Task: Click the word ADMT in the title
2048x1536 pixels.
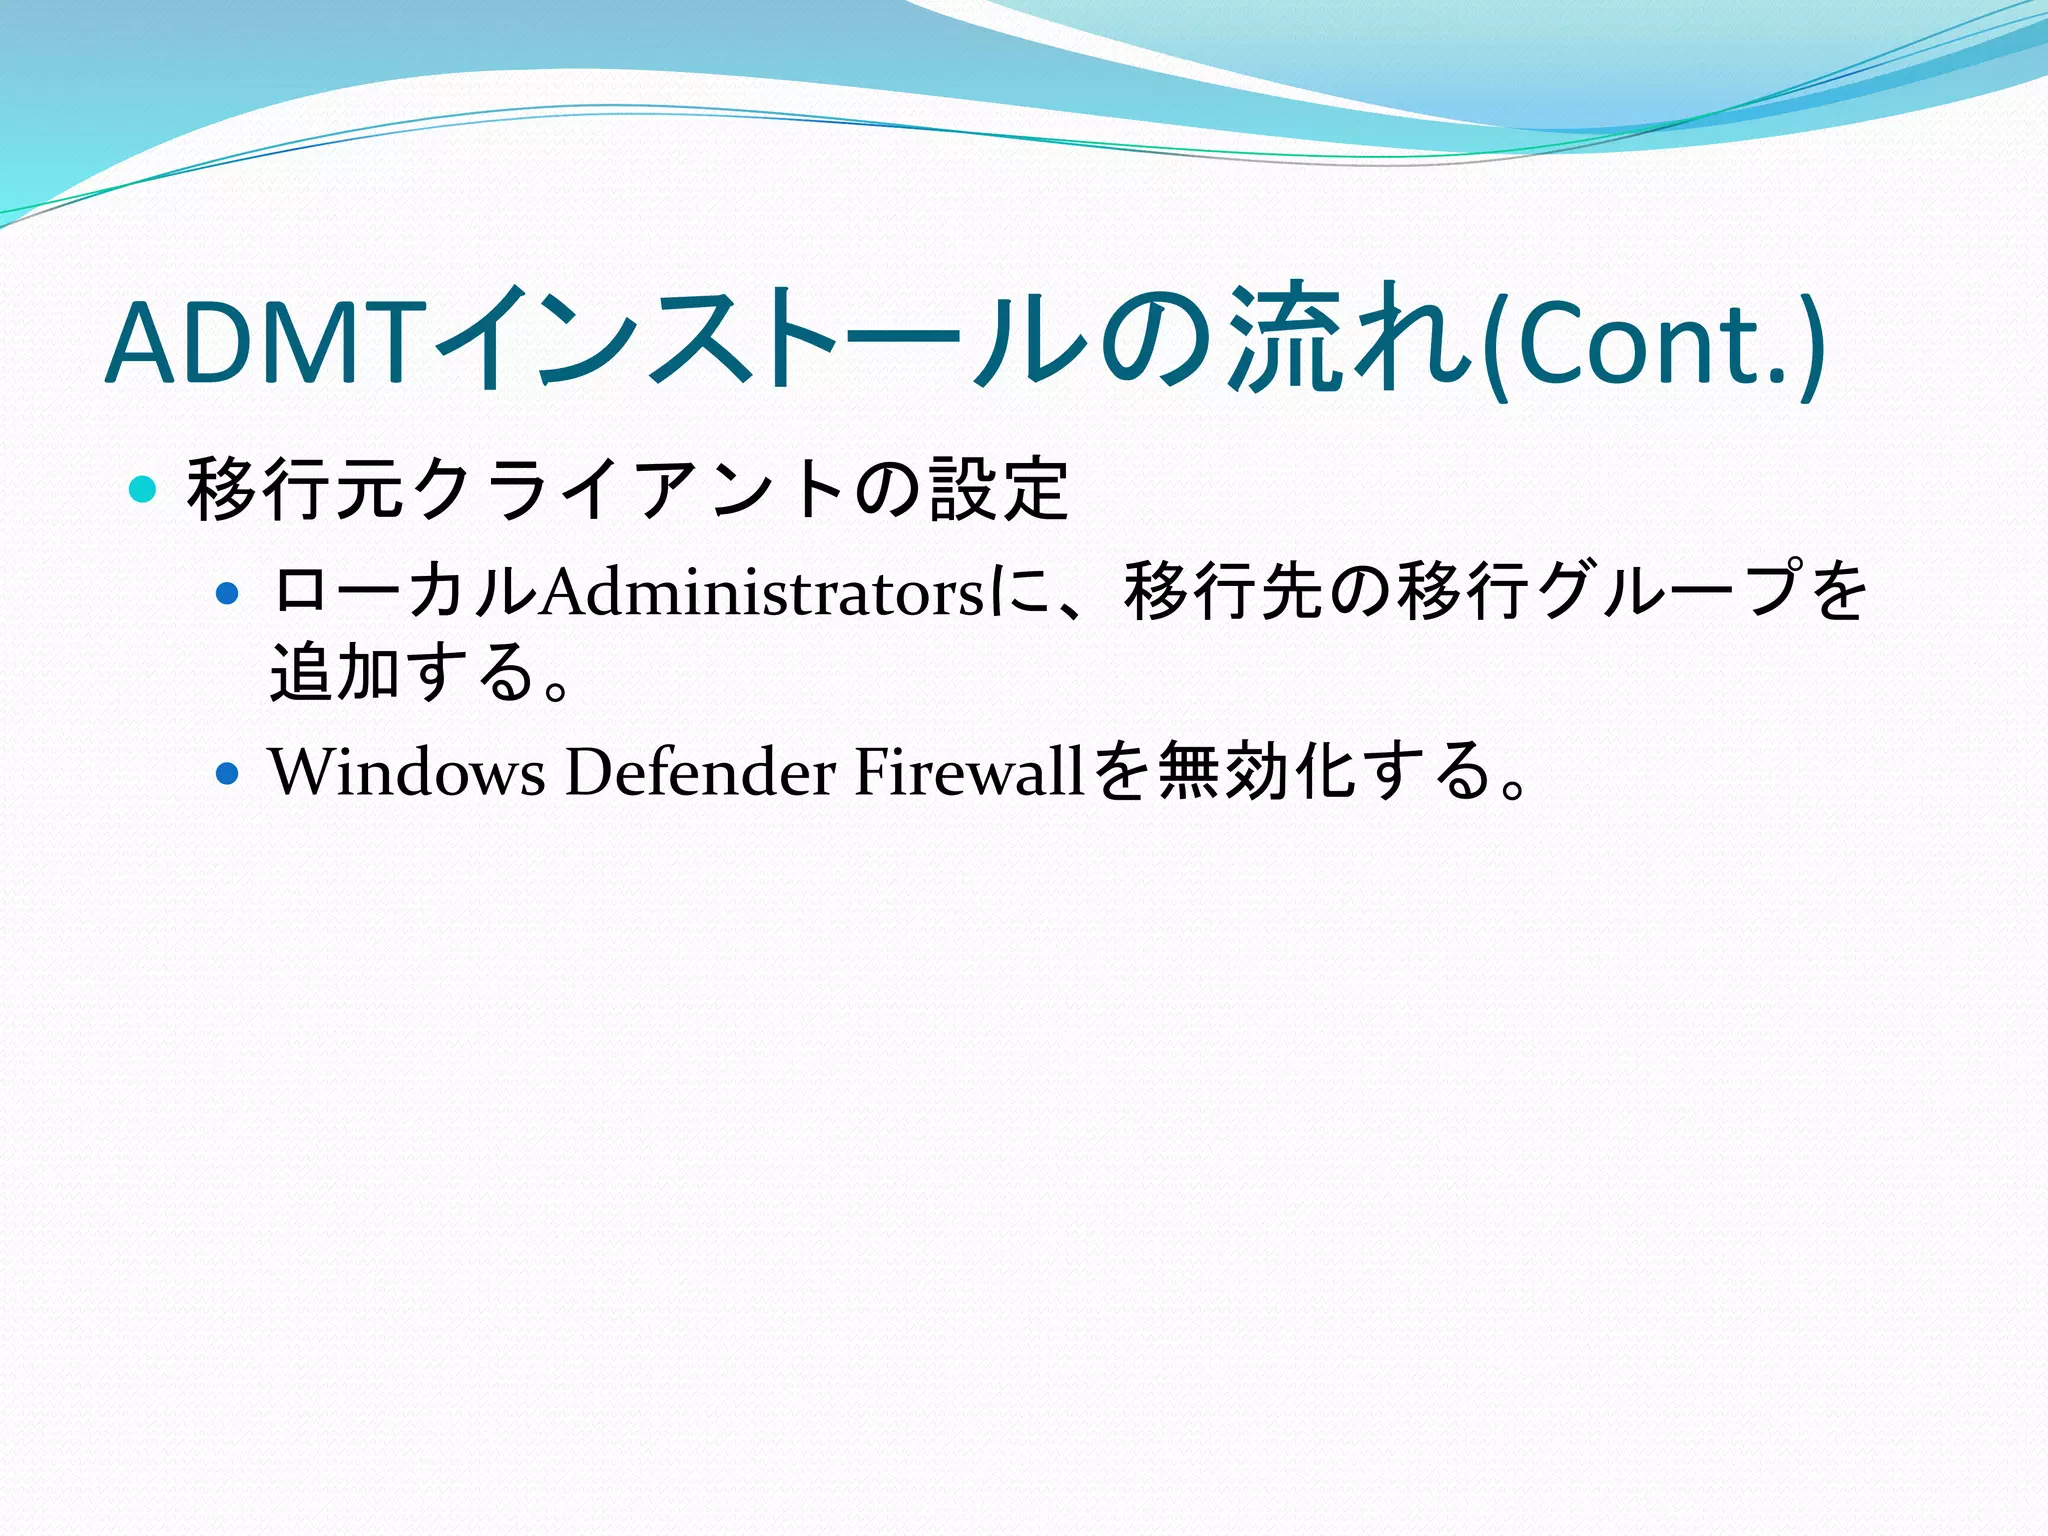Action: pyautogui.click(x=260, y=343)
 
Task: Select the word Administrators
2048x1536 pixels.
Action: pyautogui.click(x=762, y=593)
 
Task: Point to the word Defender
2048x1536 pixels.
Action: pyautogui.click(x=700, y=773)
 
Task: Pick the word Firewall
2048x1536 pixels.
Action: pyautogui.click(x=969, y=773)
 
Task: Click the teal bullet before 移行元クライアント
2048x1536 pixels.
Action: pyautogui.click(x=144, y=490)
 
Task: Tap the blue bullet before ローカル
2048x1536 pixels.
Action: pyautogui.click(x=228, y=594)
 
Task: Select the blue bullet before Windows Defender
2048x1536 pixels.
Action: pyautogui.click(x=228, y=774)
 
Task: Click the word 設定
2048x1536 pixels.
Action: pyautogui.click(x=999, y=490)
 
